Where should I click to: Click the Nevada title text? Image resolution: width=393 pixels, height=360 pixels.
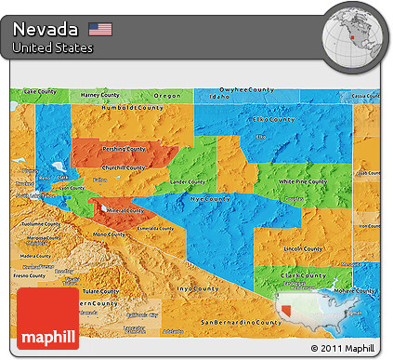(x=46, y=29)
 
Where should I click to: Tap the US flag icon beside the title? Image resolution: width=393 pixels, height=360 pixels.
(x=99, y=29)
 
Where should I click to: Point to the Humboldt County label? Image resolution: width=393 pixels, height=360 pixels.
(x=142, y=107)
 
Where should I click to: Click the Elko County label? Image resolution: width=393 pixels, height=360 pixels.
(x=269, y=119)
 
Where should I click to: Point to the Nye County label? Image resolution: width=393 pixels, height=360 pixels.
(x=210, y=199)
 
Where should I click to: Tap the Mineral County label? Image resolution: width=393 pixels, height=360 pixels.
(x=124, y=210)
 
